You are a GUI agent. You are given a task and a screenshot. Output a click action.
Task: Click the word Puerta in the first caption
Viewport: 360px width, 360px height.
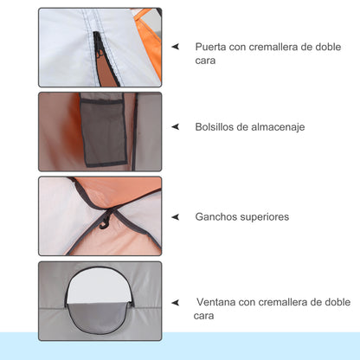pyautogui.click(x=212, y=46)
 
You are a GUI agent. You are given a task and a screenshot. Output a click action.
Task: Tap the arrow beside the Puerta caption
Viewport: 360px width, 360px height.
pyautogui.click(x=175, y=47)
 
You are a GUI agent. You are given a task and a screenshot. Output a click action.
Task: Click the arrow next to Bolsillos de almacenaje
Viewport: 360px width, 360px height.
pyautogui.click(x=175, y=127)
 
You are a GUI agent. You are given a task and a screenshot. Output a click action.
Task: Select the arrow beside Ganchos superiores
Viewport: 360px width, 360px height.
pyautogui.click(x=175, y=217)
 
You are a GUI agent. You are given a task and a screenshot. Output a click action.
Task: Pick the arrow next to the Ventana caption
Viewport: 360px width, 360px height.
pyautogui.click(x=175, y=303)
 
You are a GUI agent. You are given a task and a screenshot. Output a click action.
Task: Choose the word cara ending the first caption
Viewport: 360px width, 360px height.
pyautogui.click(x=206, y=62)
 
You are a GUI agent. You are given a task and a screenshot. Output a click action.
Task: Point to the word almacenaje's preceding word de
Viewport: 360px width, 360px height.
pyautogui.click(x=250, y=126)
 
